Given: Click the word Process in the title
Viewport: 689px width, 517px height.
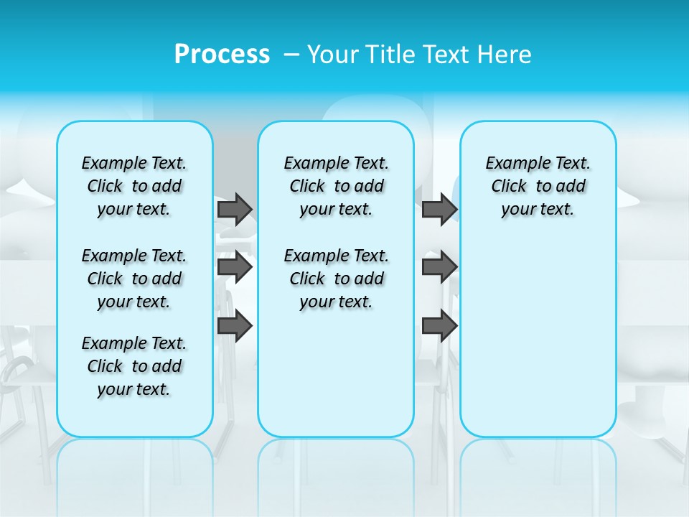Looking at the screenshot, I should coord(222,54).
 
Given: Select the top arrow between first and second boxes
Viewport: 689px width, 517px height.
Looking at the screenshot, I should coord(235,209).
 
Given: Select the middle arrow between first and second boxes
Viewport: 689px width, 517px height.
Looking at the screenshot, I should coord(235,267).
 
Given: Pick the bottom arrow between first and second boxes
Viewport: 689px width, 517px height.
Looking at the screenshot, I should coord(235,326).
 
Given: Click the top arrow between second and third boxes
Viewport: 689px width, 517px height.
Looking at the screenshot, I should coord(439,209).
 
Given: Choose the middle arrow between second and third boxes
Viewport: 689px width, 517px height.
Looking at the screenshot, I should coord(439,267).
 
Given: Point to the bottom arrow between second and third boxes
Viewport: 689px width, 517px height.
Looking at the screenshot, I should coord(439,326).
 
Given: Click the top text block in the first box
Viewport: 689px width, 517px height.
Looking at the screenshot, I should coord(134,186).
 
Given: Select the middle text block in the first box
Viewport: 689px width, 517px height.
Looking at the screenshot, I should coord(134,279).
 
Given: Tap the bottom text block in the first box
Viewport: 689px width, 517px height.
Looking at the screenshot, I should coord(134,366).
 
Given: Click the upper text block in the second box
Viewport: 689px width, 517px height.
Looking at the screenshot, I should coord(336,186).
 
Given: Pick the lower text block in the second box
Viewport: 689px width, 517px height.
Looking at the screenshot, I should coord(336,279).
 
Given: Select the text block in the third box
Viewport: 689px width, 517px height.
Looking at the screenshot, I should coord(538,186).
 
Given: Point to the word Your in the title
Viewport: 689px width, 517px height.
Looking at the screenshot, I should coord(333,54).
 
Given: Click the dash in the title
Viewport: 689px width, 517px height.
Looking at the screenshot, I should coord(291,55).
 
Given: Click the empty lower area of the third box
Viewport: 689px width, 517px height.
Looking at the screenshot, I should coord(538,337).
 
